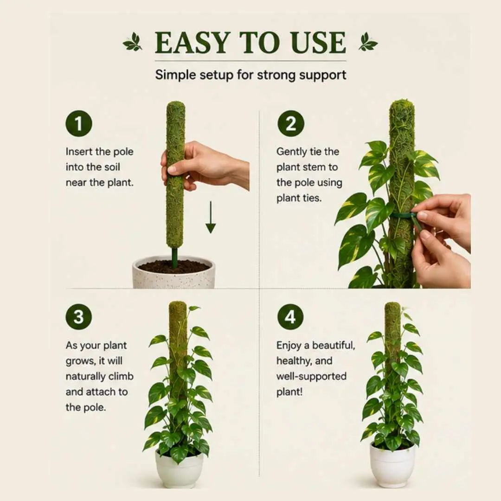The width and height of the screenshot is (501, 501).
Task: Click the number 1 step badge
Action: click(78, 124)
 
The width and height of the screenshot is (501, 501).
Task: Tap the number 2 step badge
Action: click(291, 124)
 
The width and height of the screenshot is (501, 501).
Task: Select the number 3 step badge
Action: click(78, 317)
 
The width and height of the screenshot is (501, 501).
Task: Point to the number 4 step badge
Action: click(290, 317)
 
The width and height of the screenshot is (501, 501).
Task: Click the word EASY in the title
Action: click(193, 43)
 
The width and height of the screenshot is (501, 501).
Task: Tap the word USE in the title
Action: click(318, 43)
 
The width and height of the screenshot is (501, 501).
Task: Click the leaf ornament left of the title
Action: click(133, 42)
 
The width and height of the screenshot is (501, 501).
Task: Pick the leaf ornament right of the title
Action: click(368, 42)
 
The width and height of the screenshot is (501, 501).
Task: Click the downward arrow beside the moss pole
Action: click(211, 217)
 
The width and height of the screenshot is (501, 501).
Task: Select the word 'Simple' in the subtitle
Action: click(175, 75)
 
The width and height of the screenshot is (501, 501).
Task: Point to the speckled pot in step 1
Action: click(174, 273)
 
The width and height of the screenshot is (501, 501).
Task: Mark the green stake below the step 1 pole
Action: click(174, 257)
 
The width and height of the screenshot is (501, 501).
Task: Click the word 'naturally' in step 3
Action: click(86, 376)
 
